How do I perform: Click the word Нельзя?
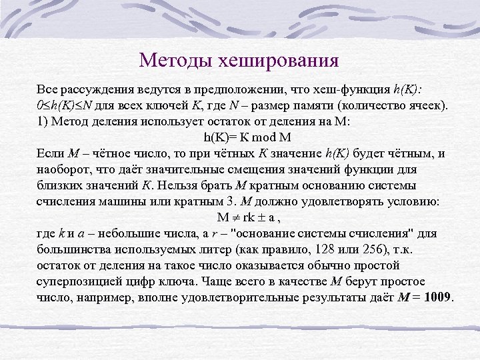[198, 185]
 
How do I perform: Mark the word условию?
[416, 201]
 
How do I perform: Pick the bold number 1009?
[437, 297]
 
